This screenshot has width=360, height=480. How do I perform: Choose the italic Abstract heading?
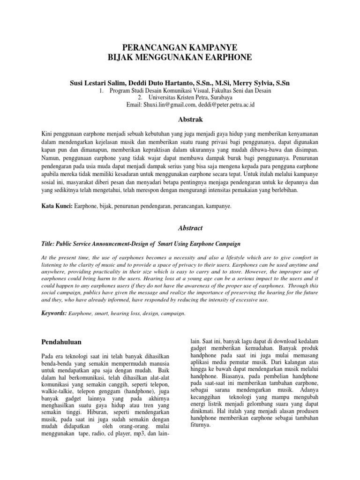click(180, 228)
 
